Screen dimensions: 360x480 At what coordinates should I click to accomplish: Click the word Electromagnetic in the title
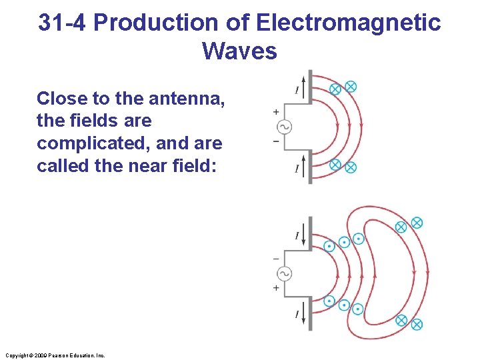349,23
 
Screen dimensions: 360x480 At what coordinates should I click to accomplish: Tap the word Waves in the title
239,51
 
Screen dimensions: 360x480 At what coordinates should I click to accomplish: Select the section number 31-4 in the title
63,23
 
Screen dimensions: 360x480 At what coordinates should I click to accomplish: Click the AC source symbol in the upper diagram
285,127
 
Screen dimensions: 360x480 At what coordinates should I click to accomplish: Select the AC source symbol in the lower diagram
285,273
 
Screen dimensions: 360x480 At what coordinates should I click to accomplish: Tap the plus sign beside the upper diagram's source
275,113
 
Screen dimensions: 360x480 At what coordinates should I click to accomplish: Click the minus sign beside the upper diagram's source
275,141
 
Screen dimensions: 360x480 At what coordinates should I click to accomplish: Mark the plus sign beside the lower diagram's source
275,287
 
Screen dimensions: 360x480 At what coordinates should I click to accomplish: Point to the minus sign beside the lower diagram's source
275,259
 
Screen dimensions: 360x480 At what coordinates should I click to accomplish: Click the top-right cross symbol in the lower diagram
417,223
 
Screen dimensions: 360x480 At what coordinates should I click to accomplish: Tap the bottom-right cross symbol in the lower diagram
417,325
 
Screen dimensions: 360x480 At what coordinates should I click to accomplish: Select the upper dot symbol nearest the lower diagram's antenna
329,246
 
